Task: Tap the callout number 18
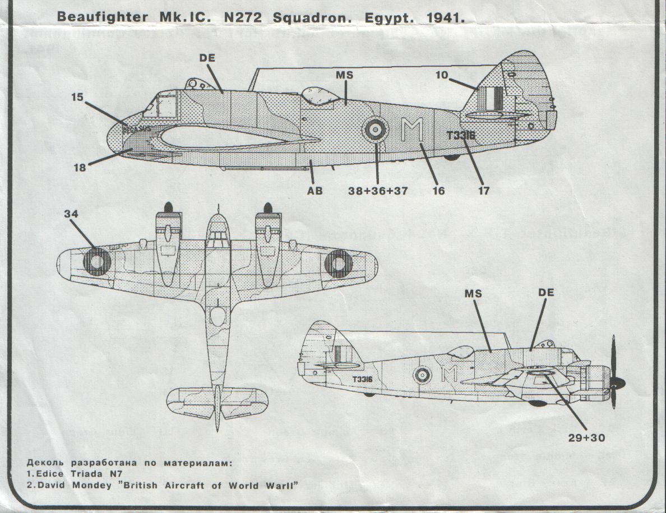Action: (80, 167)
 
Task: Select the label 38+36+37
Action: (377, 191)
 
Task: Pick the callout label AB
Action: (315, 191)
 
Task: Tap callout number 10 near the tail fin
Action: (442, 74)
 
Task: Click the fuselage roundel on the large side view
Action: (375, 130)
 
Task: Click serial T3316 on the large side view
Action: (461, 135)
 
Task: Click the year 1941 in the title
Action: (446, 17)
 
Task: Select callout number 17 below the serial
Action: (483, 191)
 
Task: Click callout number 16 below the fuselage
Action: (438, 191)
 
